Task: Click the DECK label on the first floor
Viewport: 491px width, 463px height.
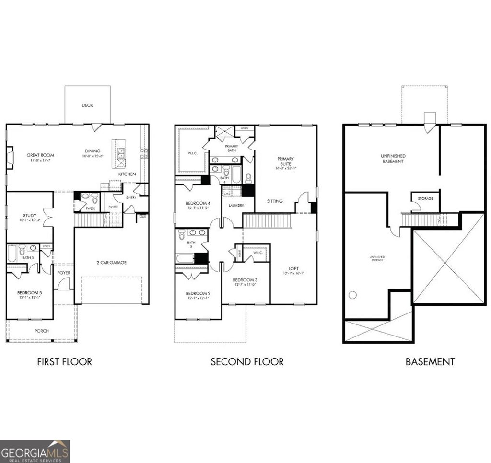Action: (87, 105)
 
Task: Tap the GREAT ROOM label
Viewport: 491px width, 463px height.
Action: (40, 155)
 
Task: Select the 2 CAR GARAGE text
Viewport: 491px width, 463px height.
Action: (112, 262)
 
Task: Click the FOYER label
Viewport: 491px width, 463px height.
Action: (64, 273)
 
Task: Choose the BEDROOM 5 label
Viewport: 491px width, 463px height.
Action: (29, 293)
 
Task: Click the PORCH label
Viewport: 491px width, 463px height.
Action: (41, 331)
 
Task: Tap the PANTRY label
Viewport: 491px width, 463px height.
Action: (113, 207)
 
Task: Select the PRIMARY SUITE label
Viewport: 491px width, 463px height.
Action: (285, 161)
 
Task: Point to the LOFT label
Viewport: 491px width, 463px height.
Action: (293, 268)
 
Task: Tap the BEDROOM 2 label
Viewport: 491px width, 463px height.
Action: (198, 293)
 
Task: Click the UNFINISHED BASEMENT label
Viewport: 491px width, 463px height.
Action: (393, 159)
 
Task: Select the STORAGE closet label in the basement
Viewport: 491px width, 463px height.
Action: (425, 198)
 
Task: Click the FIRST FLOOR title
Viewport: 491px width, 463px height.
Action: (64, 361)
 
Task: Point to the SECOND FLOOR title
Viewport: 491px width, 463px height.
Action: (247, 361)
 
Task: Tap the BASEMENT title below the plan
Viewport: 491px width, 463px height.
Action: (430, 361)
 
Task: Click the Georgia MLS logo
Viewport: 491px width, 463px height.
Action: (35, 451)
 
